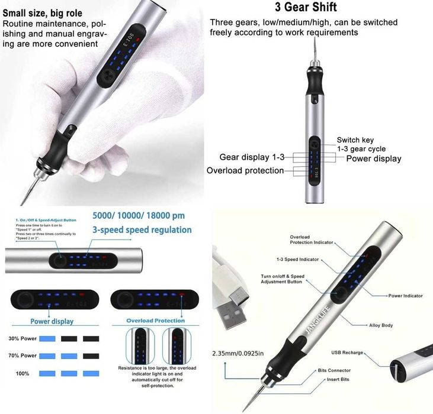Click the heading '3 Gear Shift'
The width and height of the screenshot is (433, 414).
(x=306, y=8)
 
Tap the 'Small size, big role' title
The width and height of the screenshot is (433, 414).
(x=43, y=13)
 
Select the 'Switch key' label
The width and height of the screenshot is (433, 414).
(x=355, y=140)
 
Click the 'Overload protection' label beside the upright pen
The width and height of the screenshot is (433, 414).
(x=245, y=171)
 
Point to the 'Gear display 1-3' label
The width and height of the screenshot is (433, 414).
(x=252, y=157)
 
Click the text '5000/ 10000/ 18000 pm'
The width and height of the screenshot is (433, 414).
(x=138, y=216)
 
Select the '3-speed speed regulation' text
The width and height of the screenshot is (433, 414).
(x=142, y=229)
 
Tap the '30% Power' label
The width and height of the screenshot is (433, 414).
(x=22, y=339)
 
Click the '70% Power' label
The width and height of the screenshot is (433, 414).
(x=22, y=356)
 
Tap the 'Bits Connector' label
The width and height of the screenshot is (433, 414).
(x=334, y=370)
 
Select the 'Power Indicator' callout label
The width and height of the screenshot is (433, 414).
(x=405, y=296)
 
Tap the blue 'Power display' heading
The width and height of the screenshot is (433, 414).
(x=52, y=322)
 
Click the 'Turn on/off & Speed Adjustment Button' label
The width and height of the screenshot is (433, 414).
(x=283, y=279)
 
